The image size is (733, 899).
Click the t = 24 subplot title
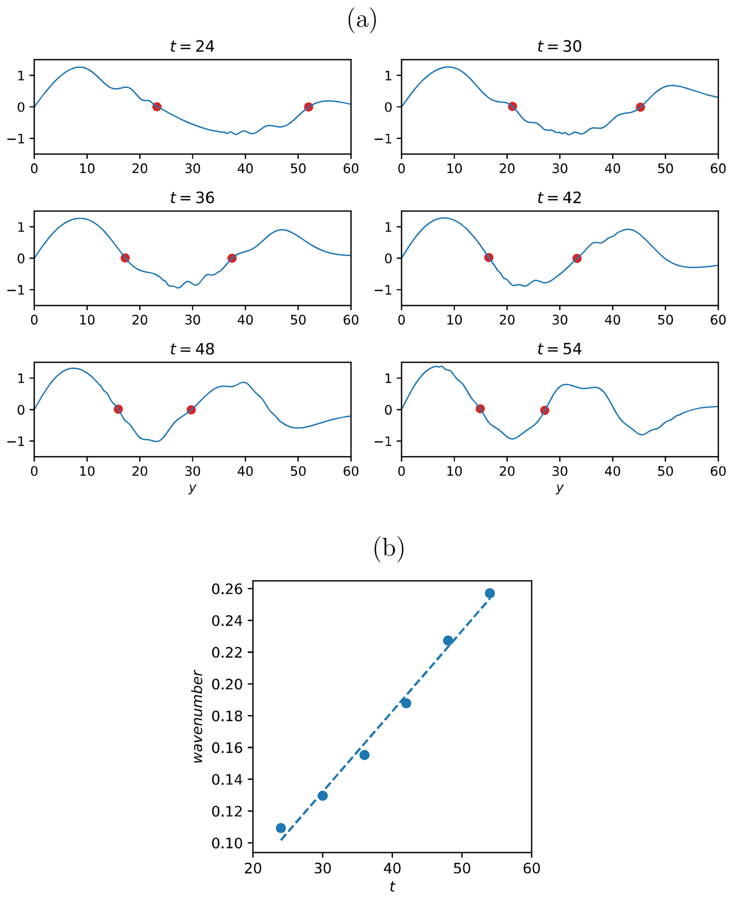pos(192,46)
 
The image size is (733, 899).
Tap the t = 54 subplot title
pos(559,349)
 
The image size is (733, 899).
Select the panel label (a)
pos(362,20)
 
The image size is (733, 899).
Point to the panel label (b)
pos(389,549)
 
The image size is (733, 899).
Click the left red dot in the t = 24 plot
pos(157,107)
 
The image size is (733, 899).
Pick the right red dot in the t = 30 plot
pos(640,107)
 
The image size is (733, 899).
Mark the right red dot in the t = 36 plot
pos(232,258)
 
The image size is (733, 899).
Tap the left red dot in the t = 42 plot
pos(489,258)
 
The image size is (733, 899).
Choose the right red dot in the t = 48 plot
pos(191,410)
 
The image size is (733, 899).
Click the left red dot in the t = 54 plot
pos(480,409)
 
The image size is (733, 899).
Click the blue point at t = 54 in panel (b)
pos(490,593)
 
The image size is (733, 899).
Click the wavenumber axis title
pos(198,716)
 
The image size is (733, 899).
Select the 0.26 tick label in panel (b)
pos(227,589)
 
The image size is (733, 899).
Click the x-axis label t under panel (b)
pos(392,887)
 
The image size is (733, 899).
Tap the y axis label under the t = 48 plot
pos(193,488)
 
